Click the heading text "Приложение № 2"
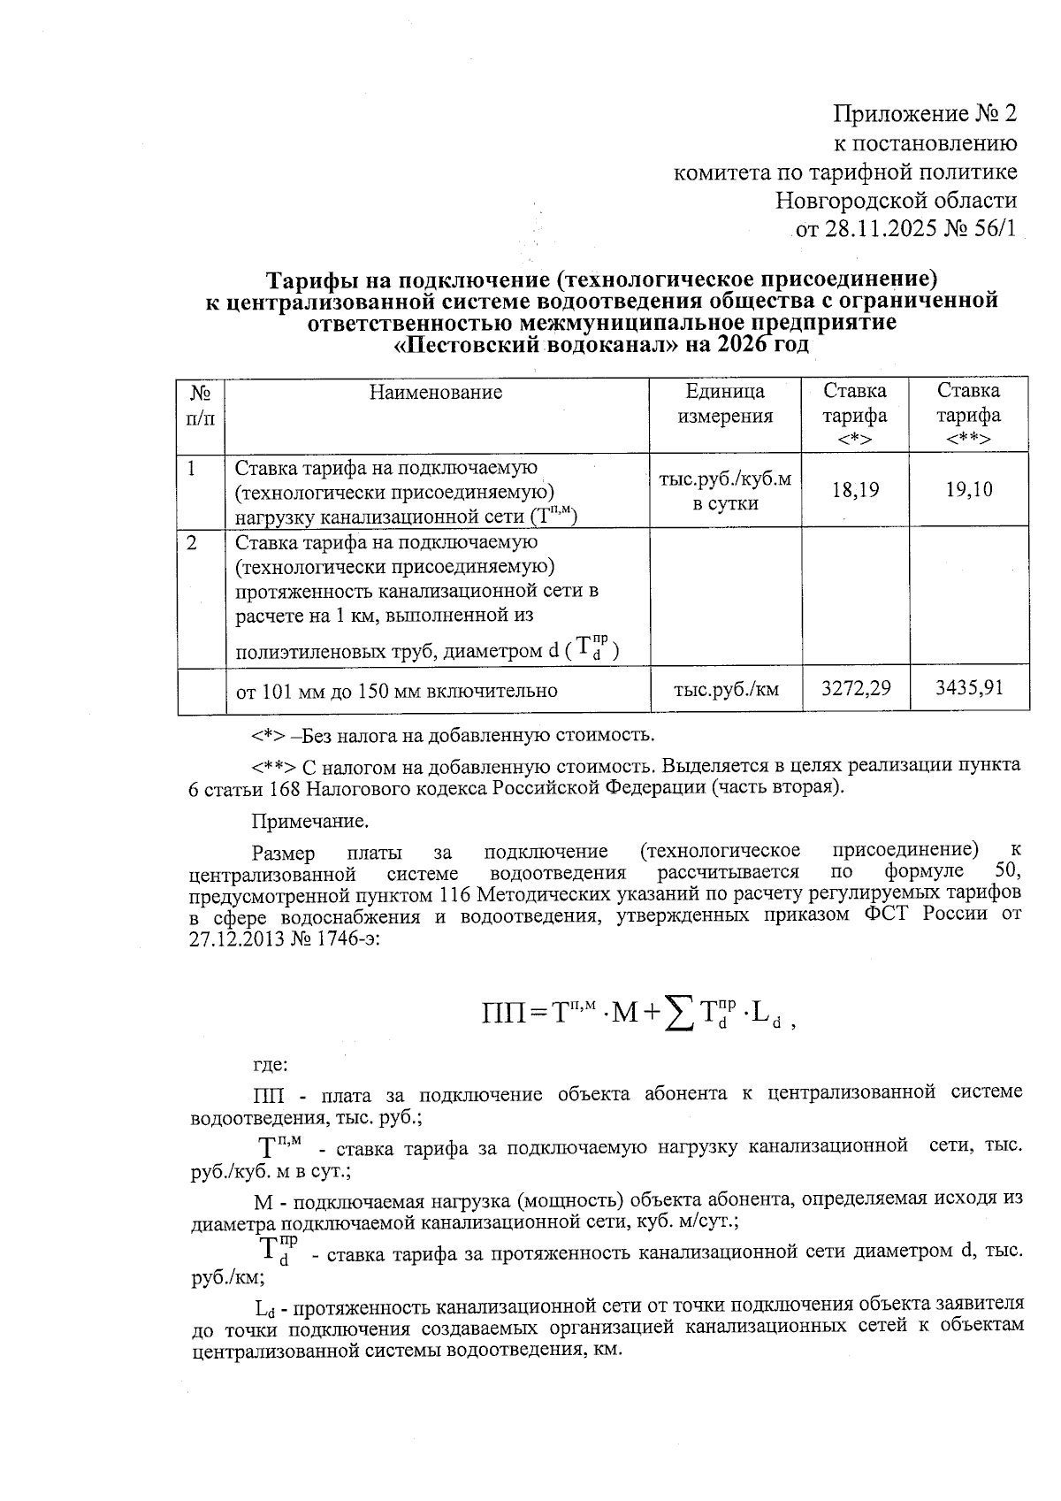coord(925,114)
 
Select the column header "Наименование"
coord(436,393)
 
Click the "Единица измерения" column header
coord(725,404)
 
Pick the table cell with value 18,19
coord(855,489)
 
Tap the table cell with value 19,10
coord(969,489)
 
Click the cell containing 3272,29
coord(855,688)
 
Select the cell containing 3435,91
coord(969,688)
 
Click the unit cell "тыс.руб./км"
coord(726,690)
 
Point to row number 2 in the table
coord(192,543)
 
